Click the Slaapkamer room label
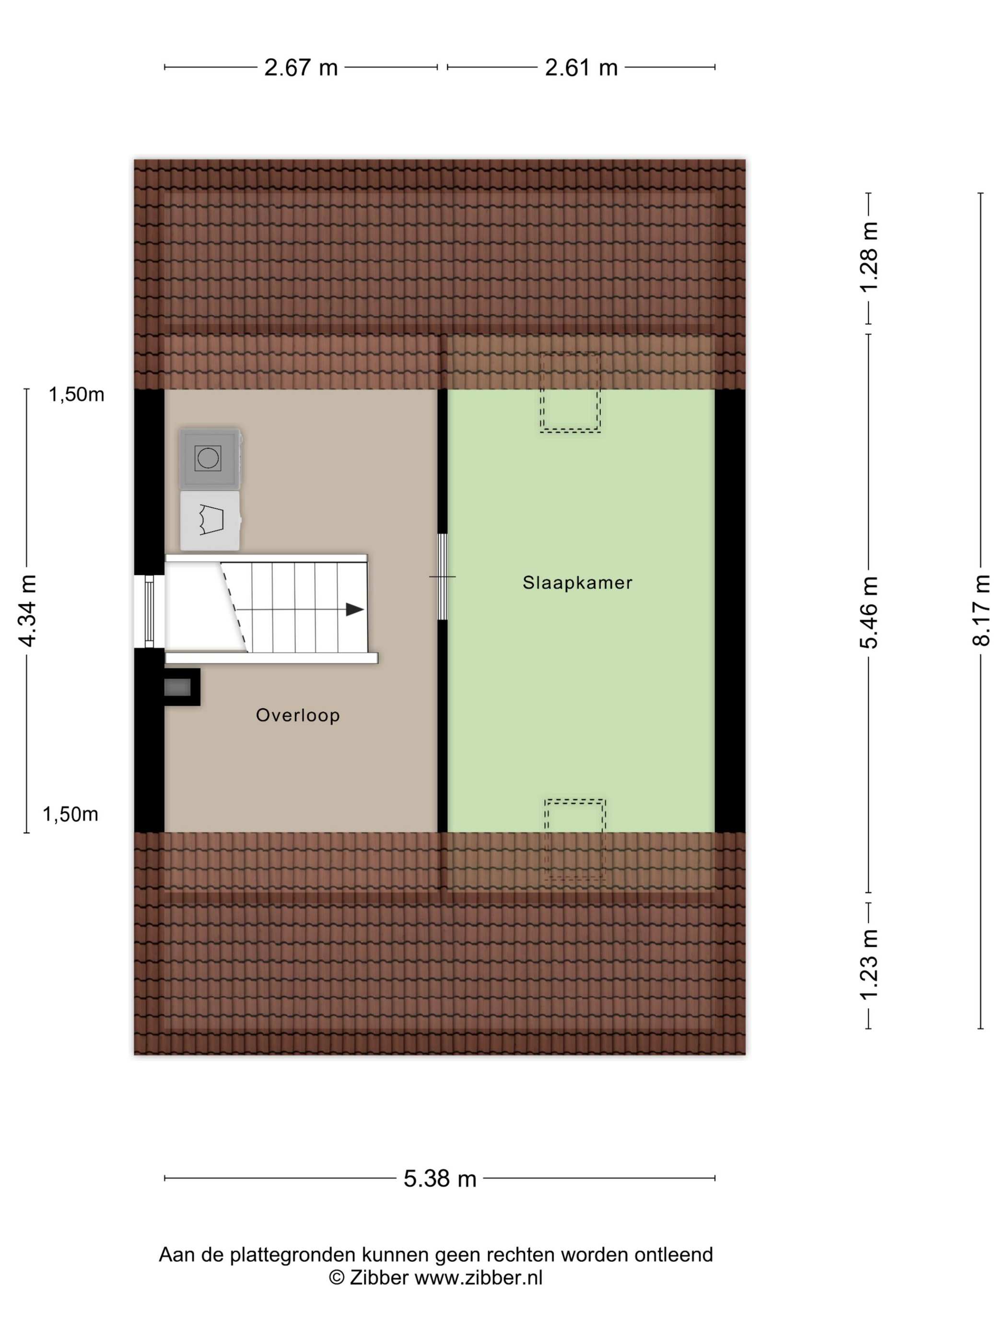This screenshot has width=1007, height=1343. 577,583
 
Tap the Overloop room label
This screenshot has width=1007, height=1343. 297,715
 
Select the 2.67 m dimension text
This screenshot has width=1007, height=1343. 301,68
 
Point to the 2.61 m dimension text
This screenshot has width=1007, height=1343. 581,68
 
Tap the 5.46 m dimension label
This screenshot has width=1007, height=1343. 868,613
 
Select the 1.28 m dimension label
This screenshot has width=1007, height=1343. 868,257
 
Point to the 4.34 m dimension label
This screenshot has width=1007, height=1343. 27,610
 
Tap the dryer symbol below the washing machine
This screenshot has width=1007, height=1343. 210,520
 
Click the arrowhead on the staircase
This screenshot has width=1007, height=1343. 354,609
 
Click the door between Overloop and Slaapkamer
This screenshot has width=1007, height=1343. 443,577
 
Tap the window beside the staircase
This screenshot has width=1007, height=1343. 149,612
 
